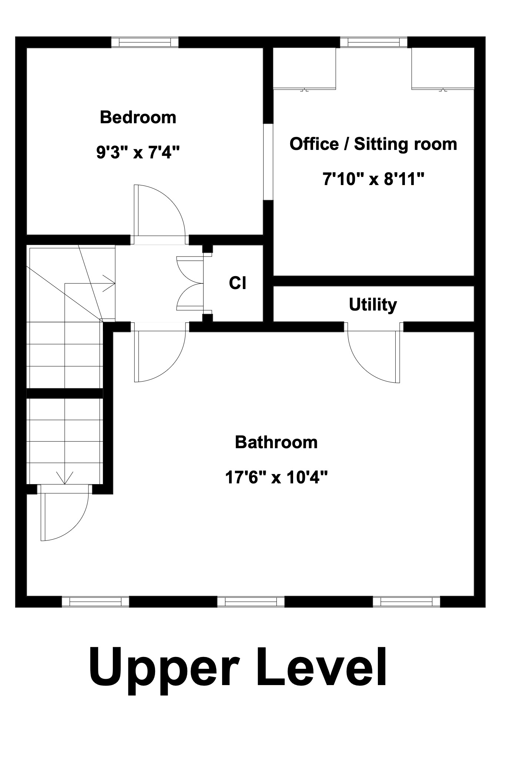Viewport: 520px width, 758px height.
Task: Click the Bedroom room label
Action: click(138, 117)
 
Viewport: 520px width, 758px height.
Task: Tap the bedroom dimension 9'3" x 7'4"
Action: click(138, 152)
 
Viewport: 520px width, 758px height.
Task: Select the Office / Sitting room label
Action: click(373, 144)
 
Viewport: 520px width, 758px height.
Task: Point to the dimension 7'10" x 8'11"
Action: click(373, 180)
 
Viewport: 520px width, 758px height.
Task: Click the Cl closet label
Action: click(238, 283)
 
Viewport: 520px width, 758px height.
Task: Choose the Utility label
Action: click(373, 305)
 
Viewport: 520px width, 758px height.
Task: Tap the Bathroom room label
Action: click(276, 442)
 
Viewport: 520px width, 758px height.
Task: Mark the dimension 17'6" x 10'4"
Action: click(276, 477)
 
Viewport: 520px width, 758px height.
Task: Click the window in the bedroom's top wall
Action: click(145, 42)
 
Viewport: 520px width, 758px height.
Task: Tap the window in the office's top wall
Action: click(373, 42)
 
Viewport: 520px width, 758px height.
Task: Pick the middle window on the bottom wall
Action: click(251, 601)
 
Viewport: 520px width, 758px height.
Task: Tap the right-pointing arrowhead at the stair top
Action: click(109, 283)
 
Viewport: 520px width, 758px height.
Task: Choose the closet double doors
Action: click(191, 283)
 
